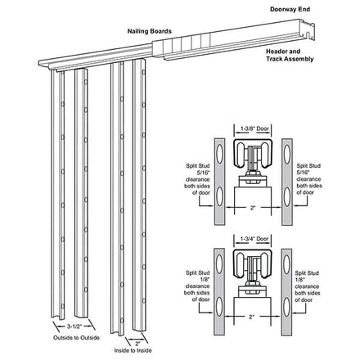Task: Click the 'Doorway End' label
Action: [x=290, y=9]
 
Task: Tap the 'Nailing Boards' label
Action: [x=150, y=31]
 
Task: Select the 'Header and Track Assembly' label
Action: [x=290, y=55]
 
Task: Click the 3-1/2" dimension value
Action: [x=74, y=326]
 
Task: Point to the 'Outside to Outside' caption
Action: [x=76, y=338]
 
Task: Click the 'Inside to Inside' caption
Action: [x=133, y=350]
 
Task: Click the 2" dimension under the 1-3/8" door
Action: [x=253, y=208]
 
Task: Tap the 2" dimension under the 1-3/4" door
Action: [x=251, y=317]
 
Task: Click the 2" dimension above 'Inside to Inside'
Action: [x=137, y=343]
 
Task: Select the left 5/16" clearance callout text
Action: [x=197, y=179]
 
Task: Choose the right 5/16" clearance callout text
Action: [x=309, y=179]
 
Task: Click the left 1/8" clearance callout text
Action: [x=197, y=286]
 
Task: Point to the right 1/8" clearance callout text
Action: [x=308, y=286]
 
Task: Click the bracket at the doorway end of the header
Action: [x=307, y=30]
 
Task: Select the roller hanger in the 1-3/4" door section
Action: [x=253, y=273]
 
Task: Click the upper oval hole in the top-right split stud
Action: [x=287, y=154]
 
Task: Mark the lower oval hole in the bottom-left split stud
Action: [x=219, y=307]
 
